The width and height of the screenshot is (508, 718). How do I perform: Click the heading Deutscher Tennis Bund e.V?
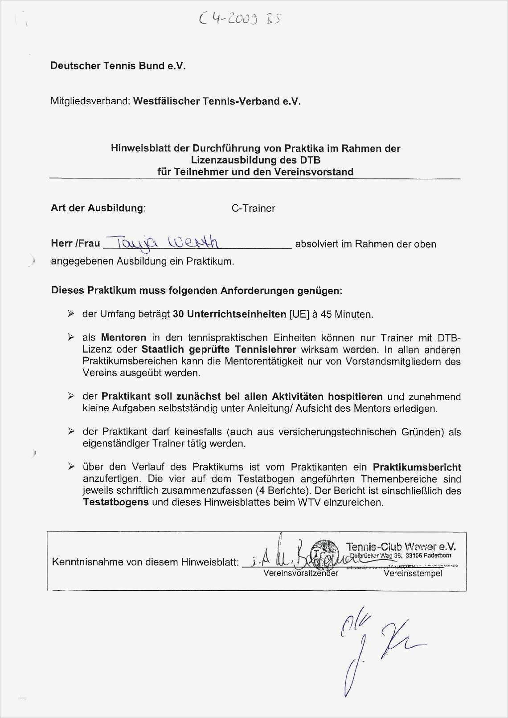point(118,66)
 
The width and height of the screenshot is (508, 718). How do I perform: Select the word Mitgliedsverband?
point(90,101)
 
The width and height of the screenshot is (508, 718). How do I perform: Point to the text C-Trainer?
point(253,208)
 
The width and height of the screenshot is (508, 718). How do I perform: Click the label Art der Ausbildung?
point(98,208)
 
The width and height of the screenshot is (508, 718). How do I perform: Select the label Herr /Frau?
point(75,243)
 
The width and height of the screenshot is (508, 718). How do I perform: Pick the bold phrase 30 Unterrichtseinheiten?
point(229,314)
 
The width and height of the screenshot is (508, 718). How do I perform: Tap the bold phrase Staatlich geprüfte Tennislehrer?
point(219,349)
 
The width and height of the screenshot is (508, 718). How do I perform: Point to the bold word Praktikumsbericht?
point(417,467)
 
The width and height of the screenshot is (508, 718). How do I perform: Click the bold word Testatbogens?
point(116,503)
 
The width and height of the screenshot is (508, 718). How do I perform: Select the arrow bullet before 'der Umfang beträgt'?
point(71,314)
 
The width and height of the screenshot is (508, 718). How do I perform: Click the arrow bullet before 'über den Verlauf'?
point(71,467)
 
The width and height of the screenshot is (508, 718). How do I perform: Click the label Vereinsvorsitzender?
point(300,573)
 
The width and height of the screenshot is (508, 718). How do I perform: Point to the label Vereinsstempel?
point(413,573)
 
